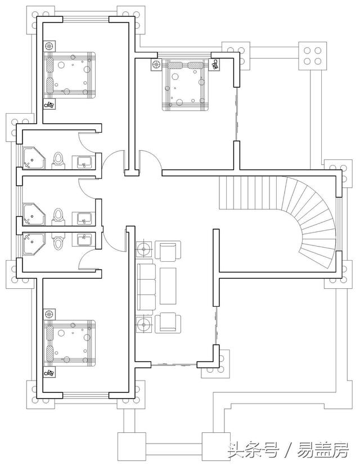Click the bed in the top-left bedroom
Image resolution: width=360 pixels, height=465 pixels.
(70, 75)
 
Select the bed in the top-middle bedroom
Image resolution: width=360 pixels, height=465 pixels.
(185, 85)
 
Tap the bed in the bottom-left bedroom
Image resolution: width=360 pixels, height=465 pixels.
(70, 343)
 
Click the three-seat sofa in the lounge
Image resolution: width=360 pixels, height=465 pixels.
(146, 287)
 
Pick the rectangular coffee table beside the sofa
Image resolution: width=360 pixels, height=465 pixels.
(168, 286)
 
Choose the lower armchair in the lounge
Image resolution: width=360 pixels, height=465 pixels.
(168, 322)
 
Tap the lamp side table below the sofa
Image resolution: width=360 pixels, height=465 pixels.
(144, 325)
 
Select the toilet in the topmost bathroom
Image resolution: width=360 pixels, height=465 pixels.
(58, 160)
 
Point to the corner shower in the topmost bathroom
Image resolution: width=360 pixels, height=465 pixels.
(35, 158)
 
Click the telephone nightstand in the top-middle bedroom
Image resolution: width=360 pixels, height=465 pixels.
(215, 64)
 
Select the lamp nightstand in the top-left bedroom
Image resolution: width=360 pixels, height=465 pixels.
(49, 46)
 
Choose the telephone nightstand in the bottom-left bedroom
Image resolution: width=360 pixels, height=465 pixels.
(49, 373)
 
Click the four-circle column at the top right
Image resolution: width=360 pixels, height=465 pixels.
(312, 56)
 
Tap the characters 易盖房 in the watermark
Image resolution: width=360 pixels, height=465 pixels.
(323, 450)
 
